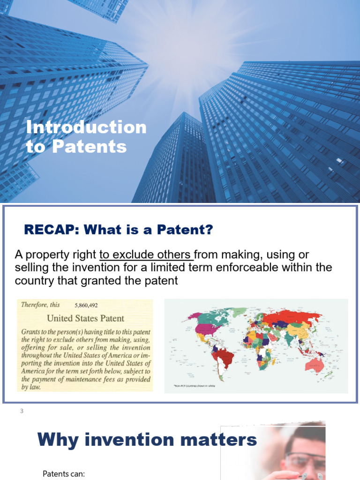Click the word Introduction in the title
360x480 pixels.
[x=86, y=127]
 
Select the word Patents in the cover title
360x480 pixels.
[x=89, y=146]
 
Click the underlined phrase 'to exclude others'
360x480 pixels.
[x=146, y=255]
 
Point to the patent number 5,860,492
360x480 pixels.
[x=86, y=305]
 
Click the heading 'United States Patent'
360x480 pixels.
[x=86, y=318]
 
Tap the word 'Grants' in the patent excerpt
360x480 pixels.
[x=31, y=331]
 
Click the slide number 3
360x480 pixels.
[x=21, y=412]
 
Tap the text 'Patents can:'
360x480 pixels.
[x=63, y=473]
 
